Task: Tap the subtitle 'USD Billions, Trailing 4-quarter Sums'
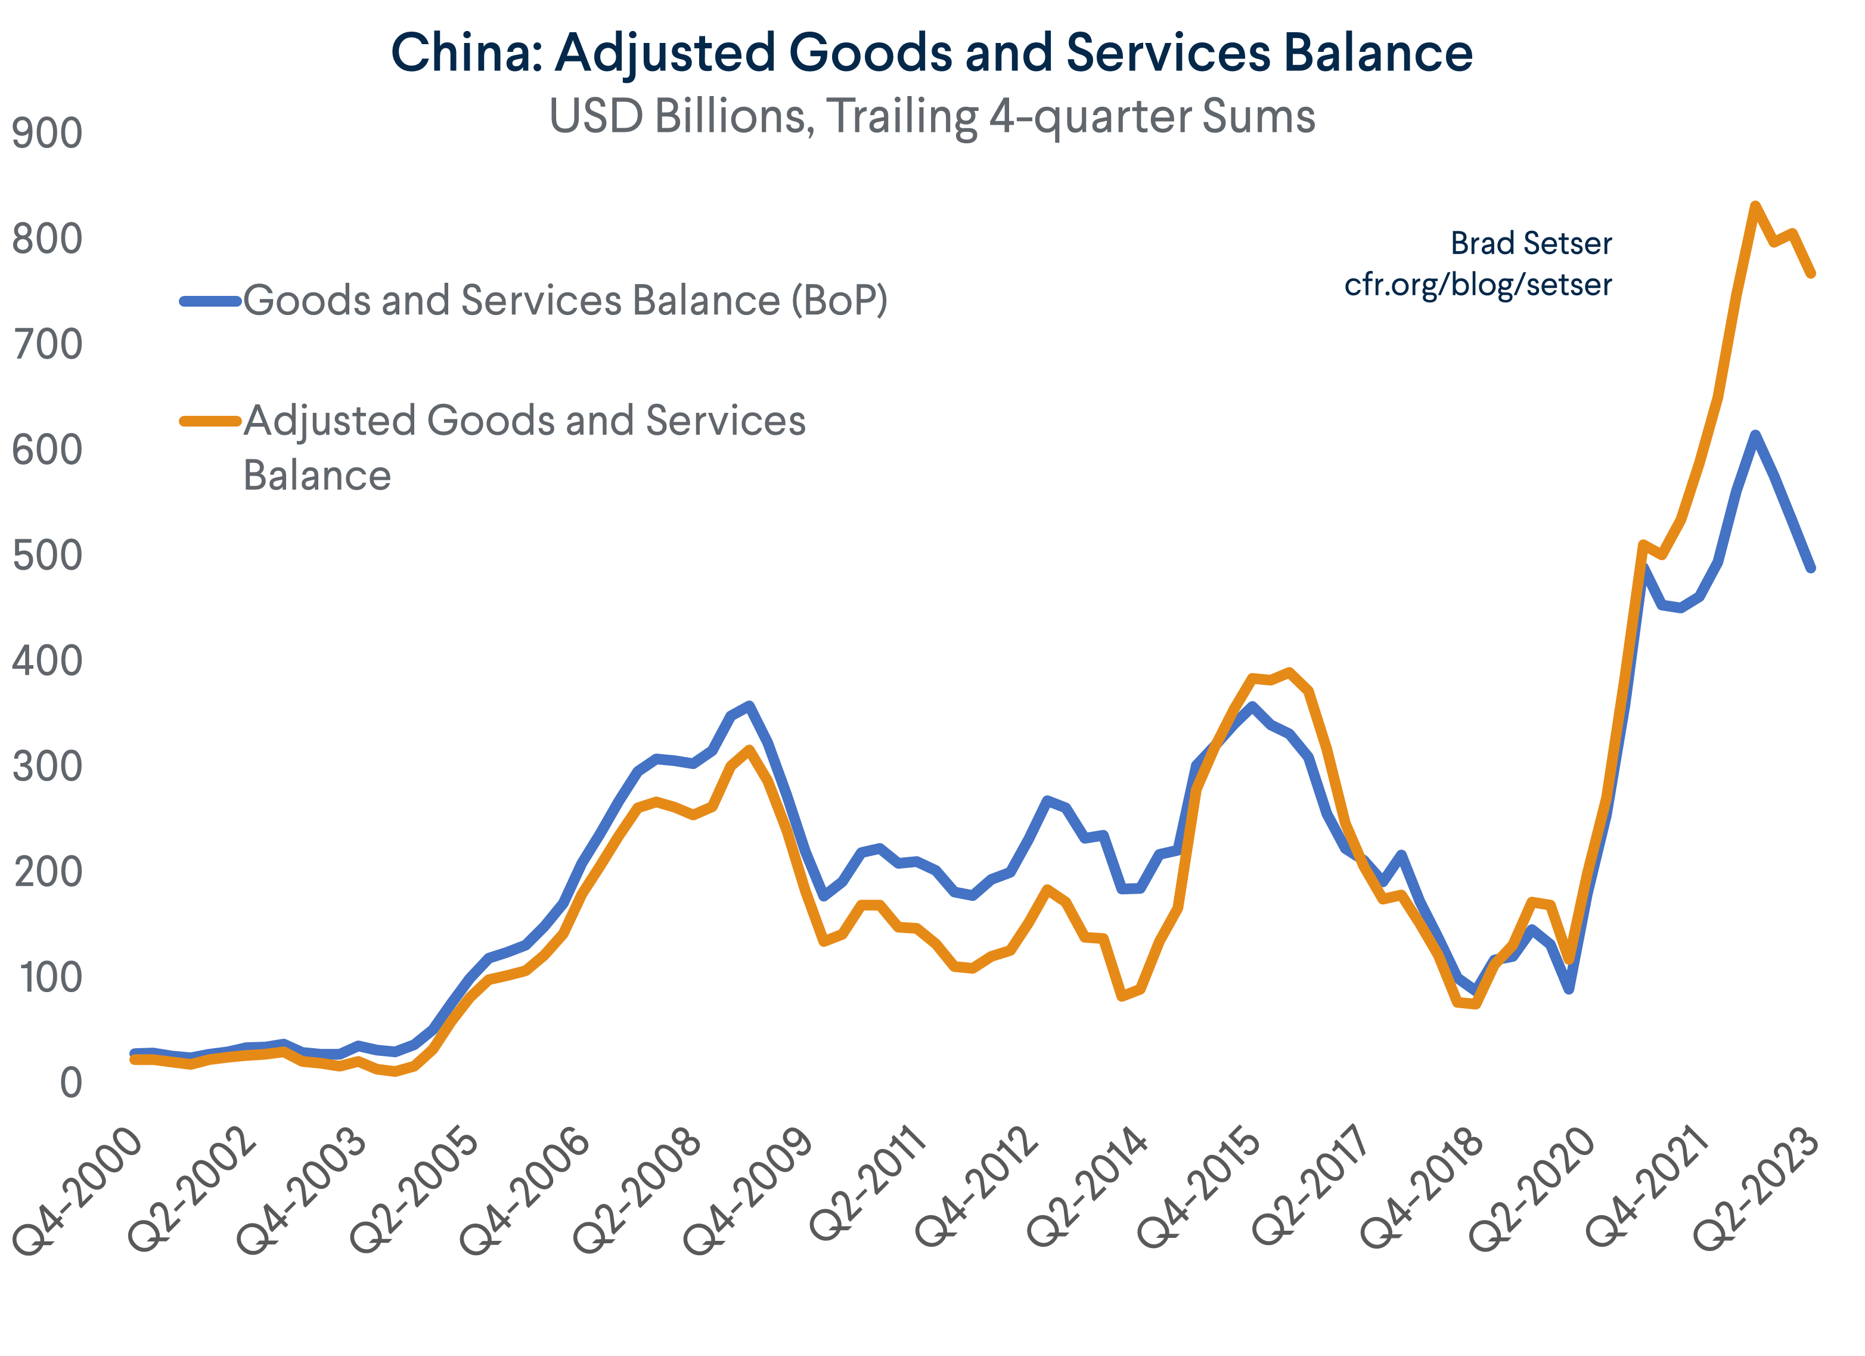(x=932, y=116)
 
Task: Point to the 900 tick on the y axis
(x=47, y=133)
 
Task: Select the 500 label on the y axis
(x=47, y=555)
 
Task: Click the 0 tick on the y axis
(x=71, y=1083)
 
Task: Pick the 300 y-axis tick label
(x=47, y=767)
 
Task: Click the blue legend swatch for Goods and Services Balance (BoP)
(x=210, y=302)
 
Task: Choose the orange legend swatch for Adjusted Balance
(x=210, y=421)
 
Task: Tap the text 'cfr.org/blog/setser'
(x=1478, y=285)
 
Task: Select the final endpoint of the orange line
(x=1811, y=273)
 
